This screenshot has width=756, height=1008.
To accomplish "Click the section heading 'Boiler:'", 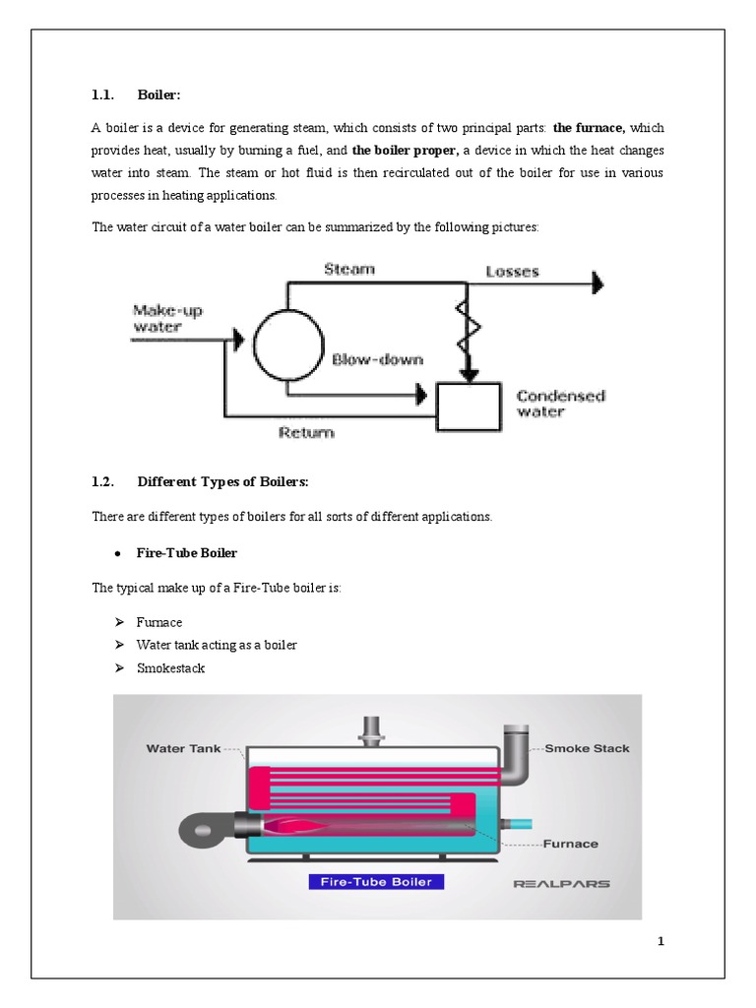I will coord(159,94).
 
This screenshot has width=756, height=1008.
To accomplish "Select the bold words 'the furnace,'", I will coord(589,128).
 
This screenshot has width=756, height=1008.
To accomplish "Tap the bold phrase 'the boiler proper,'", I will coord(406,151).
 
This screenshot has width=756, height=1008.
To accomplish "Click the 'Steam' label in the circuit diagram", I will coord(349,269).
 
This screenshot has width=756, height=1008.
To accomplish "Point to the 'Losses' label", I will coord(512,271).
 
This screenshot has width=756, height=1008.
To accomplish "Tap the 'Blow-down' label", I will coord(377,359).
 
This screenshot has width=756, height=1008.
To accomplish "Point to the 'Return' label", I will coord(306,432).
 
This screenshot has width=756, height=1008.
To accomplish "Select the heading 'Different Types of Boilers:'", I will coord(222,481).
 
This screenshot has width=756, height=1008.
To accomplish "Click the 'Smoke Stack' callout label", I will coord(587,748).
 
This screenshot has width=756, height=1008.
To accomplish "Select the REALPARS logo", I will coord(561,883).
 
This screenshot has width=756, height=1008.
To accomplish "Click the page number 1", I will coord(661,942).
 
